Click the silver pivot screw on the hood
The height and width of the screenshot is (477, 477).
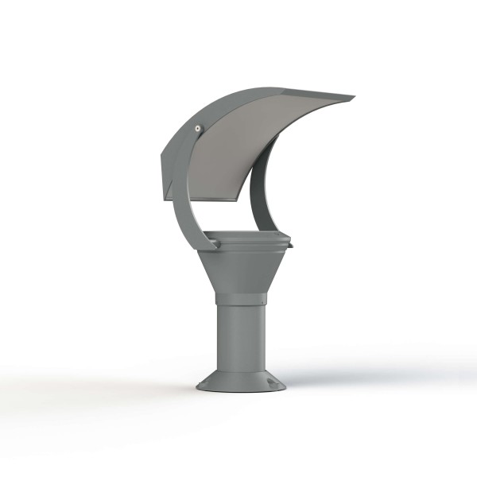(x=197, y=126)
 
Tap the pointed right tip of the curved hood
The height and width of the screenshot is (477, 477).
(x=353, y=98)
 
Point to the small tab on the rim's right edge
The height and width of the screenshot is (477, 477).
(x=290, y=245)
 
